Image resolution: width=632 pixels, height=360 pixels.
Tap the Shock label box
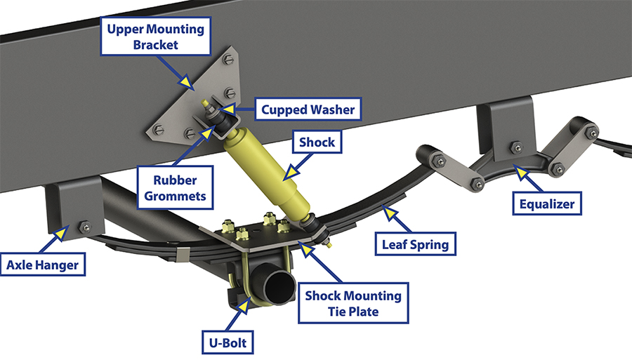point(317,142)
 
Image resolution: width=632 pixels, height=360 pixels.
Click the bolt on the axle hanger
point(86,226)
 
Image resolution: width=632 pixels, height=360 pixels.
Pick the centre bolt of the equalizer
point(516,147)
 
